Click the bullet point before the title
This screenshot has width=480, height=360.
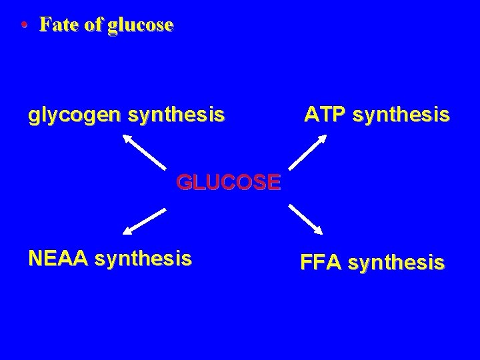coord(24,27)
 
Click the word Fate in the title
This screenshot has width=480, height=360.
coord(55,25)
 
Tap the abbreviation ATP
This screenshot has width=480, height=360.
coord(323,116)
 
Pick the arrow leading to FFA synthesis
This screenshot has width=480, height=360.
coord(306,219)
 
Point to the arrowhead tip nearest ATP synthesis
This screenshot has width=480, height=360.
coord(325,135)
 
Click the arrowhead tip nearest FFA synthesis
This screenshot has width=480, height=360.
coord(323,234)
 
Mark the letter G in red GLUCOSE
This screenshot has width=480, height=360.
coord(184,181)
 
